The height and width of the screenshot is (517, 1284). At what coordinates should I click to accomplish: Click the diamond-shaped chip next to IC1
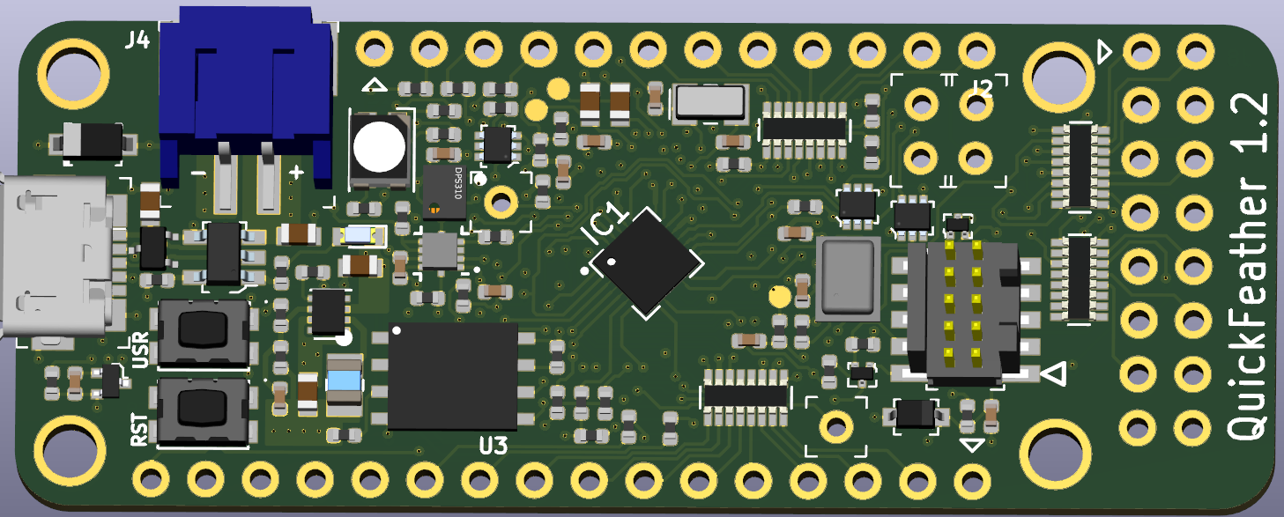coord(647,262)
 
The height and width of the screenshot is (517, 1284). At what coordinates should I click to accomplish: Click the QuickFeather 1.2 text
coord(1251,264)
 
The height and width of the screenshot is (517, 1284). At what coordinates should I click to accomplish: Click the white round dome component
coord(382,147)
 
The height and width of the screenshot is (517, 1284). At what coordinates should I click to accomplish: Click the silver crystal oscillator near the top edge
coord(710,103)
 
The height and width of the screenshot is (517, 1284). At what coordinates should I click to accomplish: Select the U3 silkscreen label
coord(493,446)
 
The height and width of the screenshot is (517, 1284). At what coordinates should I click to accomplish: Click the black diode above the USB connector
coord(93,142)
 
